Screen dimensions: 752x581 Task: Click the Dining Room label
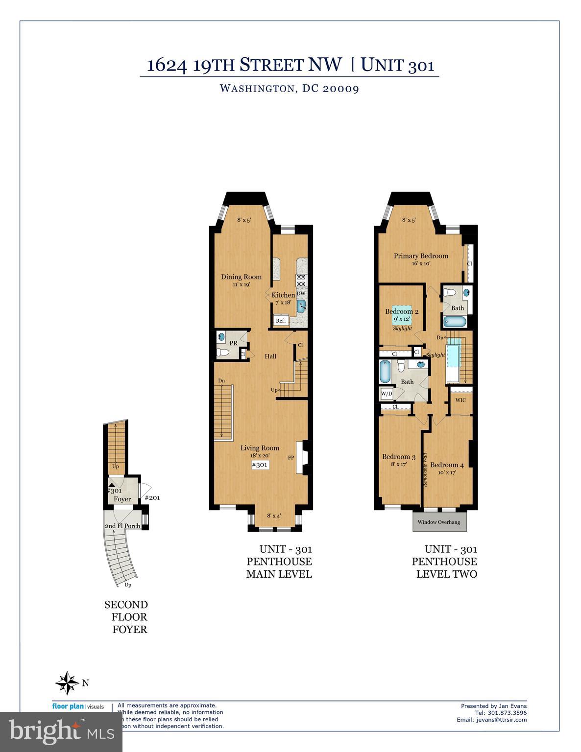(241, 277)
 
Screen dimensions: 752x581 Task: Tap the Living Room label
(260, 447)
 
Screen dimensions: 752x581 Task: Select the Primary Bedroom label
(421, 256)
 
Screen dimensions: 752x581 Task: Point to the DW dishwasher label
(301, 294)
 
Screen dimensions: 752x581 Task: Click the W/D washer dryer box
(387, 393)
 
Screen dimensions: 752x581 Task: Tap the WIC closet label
(460, 400)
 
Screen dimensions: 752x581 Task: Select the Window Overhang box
(439, 522)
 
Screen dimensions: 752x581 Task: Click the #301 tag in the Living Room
(260, 465)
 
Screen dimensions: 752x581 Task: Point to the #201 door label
(152, 498)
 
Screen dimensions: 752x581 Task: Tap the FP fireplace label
(291, 458)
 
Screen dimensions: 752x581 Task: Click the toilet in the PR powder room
(222, 352)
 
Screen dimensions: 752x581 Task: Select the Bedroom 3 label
(399, 457)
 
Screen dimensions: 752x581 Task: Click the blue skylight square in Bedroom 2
(401, 319)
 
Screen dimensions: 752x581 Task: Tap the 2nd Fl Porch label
(122, 526)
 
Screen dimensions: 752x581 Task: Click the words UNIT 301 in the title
(398, 65)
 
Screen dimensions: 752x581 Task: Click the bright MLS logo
(61, 732)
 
